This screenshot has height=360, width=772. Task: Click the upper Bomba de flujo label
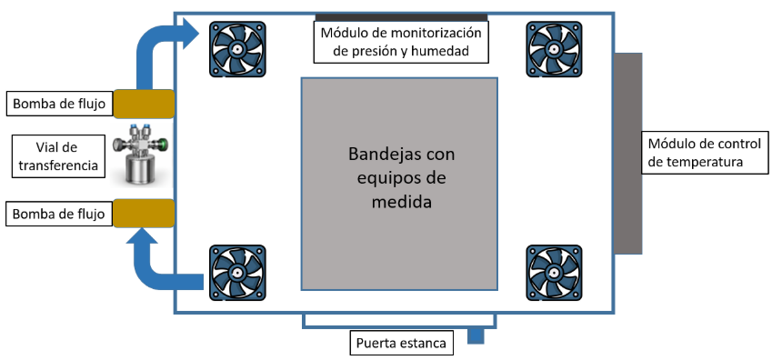click(60, 104)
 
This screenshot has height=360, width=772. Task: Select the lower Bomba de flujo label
click(60, 215)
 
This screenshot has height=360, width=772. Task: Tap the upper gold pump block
click(144, 104)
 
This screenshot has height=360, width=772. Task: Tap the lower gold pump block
click(144, 214)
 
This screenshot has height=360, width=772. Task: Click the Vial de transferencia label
click(57, 156)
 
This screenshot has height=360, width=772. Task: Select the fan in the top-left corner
click(238, 49)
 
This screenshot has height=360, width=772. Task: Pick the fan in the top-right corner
click(555, 49)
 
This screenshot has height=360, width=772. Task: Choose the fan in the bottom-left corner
click(238, 273)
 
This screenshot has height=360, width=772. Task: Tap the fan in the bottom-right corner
click(555, 273)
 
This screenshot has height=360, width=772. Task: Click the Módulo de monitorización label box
click(401, 42)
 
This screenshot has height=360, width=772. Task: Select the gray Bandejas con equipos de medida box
click(399, 184)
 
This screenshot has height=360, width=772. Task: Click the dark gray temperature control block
click(627, 153)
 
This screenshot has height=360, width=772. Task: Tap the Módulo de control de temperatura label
click(705, 152)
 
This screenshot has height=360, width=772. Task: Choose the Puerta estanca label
click(401, 343)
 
